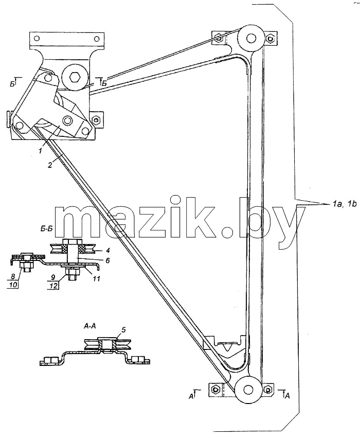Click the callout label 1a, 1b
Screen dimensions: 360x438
(x=345, y=204)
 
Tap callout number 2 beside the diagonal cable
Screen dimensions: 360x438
(x=50, y=165)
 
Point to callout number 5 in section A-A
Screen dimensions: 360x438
(x=123, y=330)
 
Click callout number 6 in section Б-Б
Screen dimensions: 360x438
(x=107, y=260)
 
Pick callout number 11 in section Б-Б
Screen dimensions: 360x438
(x=96, y=278)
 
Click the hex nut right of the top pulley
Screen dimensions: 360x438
(x=270, y=38)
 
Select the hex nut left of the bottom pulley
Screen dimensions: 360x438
(x=214, y=389)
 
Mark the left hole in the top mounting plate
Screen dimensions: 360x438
(x=36, y=38)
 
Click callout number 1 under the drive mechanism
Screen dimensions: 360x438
(x=41, y=151)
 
